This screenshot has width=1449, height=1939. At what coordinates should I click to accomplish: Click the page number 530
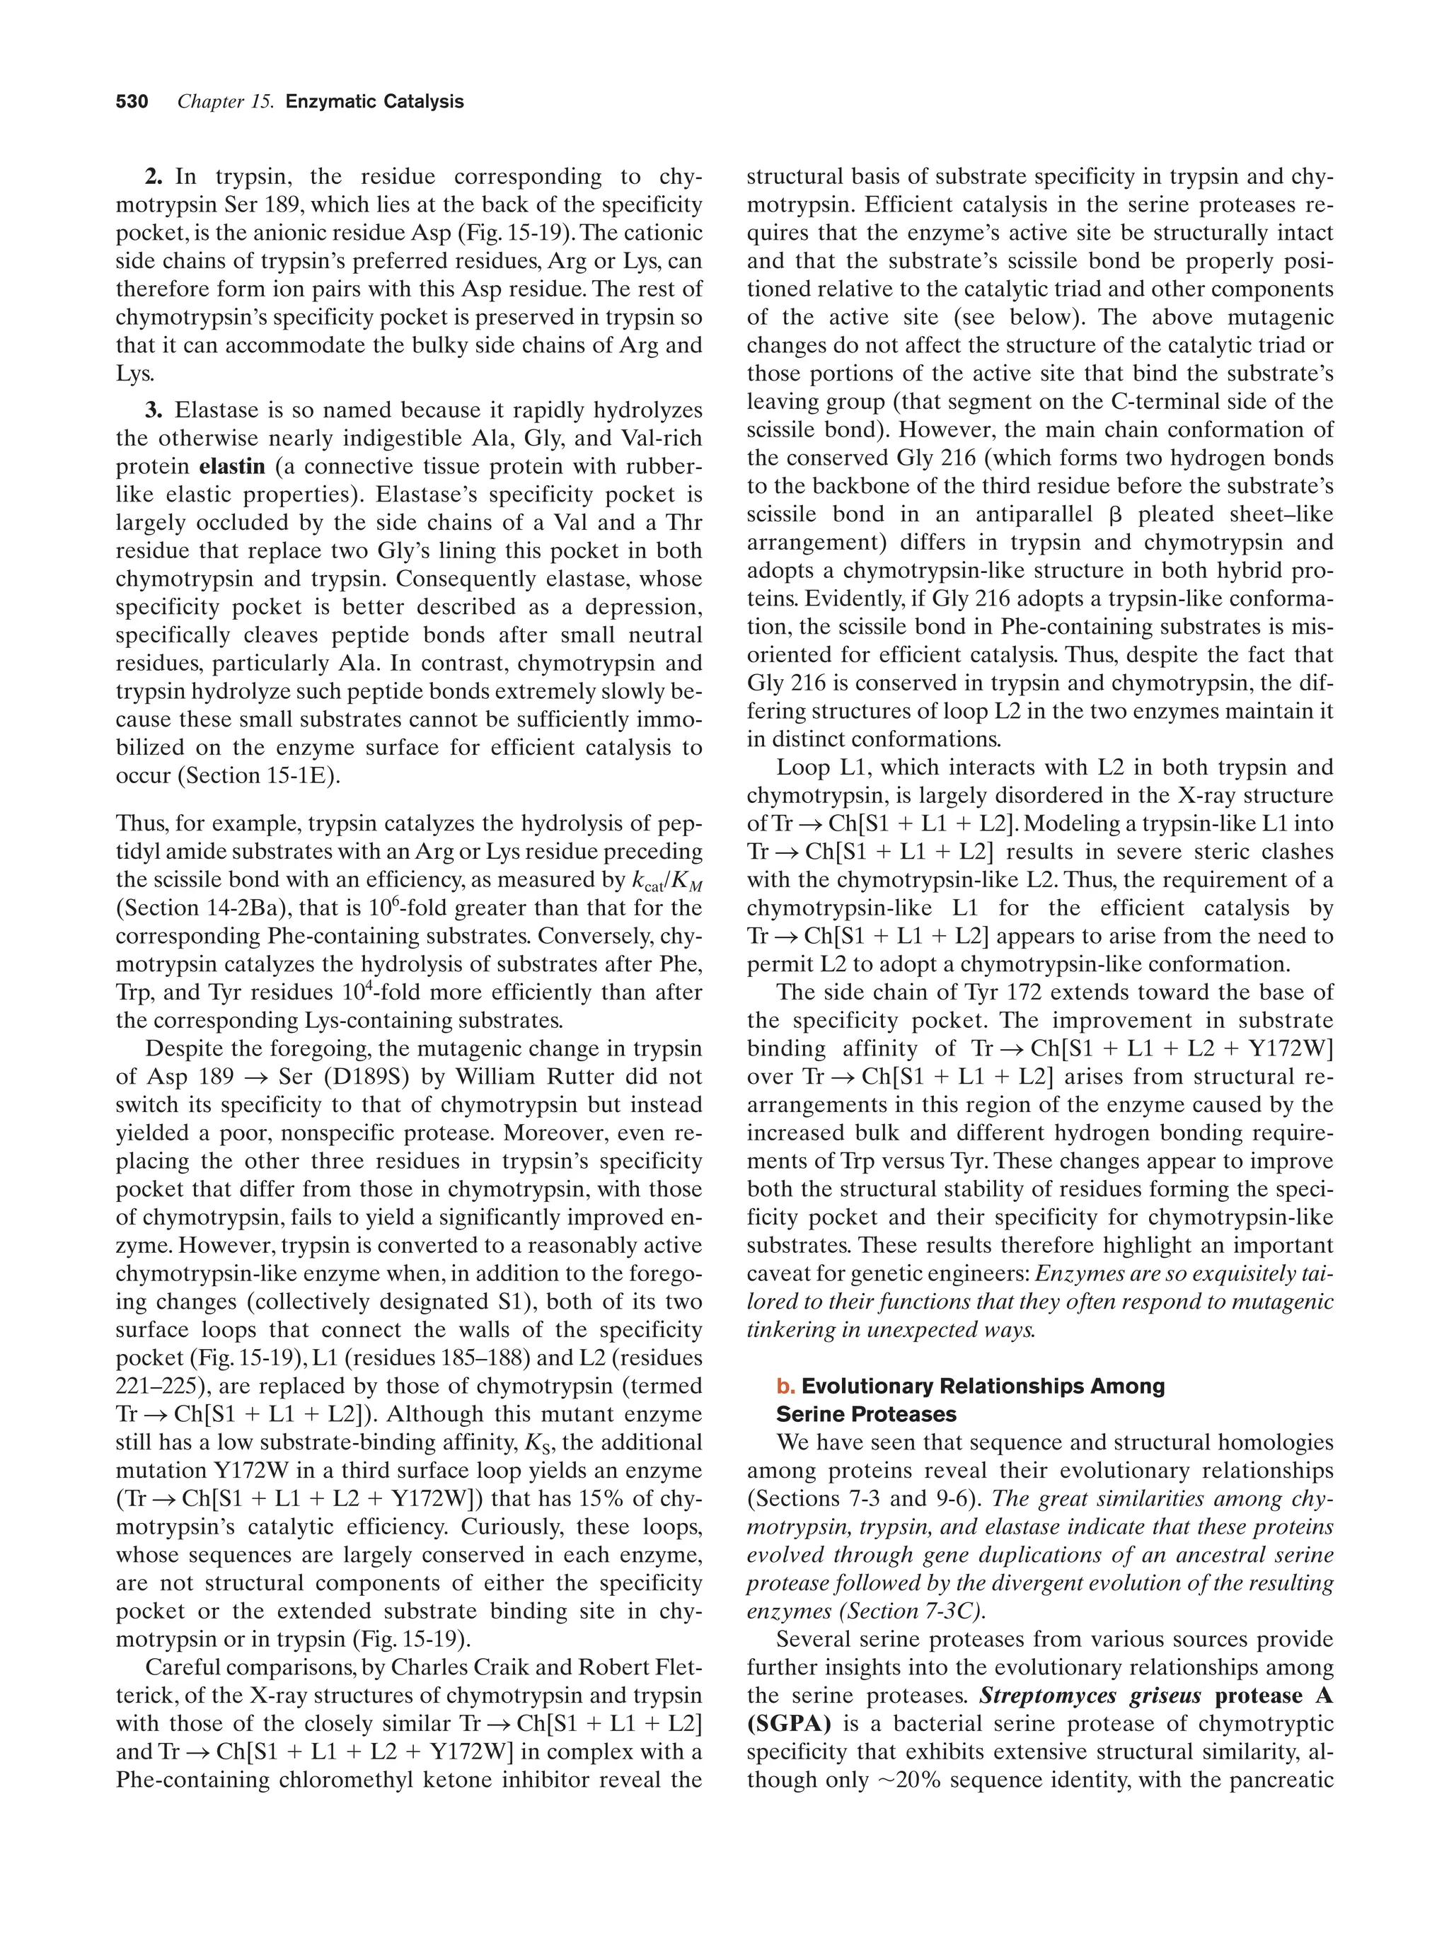pos(132,102)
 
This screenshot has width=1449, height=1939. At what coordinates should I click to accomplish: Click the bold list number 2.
pos(154,177)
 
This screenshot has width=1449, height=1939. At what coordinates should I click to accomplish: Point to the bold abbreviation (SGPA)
pos(789,1723)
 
